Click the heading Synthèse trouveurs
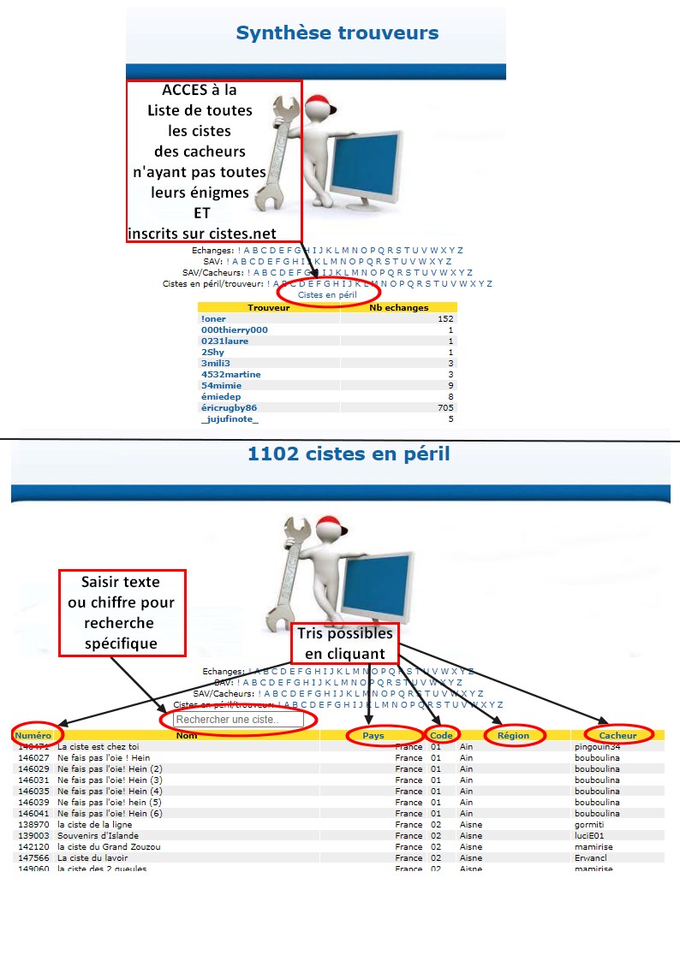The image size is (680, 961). [x=337, y=33]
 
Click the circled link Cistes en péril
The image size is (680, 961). [x=327, y=294]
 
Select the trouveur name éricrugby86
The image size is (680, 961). [x=229, y=407]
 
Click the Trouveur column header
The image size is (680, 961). [x=269, y=307]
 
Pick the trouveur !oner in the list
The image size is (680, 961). [x=214, y=318]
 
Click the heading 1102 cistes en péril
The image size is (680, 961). [x=348, y=453]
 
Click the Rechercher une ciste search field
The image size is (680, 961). [x=238, y=721]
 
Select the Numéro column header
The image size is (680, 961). [x=33, y=735]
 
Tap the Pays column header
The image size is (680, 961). [x=373, y=735]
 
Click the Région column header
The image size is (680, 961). [x=513, y=735]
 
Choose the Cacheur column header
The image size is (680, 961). [x=617, y=735]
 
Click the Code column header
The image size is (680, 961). [x=441, y=735]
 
